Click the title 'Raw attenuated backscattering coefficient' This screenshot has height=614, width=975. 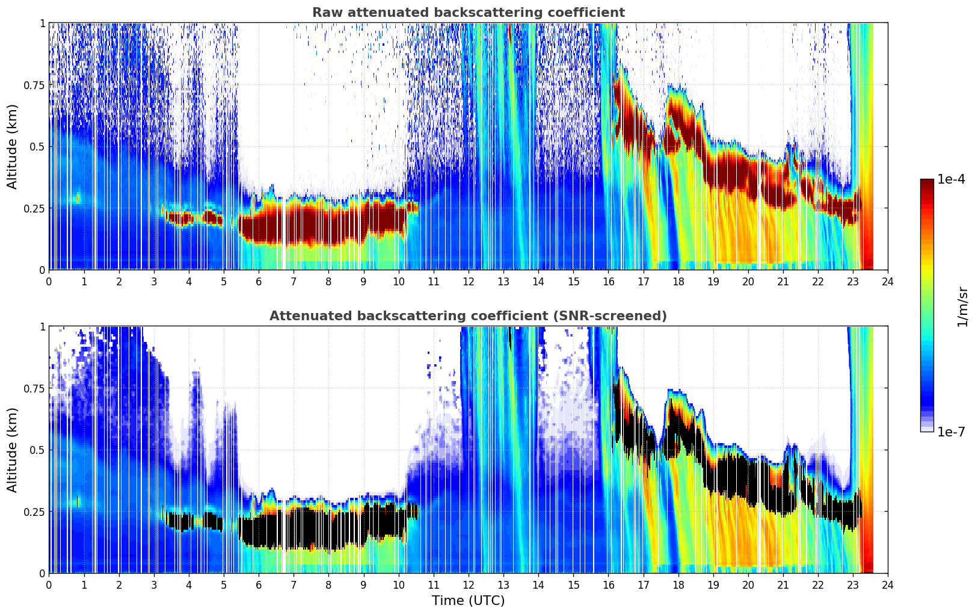tap(468, 13)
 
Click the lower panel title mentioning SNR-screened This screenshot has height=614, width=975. tap(468, 316)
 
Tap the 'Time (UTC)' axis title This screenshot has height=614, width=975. tap(468, 601)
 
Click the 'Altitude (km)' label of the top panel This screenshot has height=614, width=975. tap(13, 146)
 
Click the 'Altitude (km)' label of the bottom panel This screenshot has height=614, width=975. tap(13, 450)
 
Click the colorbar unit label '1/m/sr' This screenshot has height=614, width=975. tap(962, 307)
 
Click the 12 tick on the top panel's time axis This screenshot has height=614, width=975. tap(468, 281)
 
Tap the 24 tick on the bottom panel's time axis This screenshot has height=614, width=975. tap(888, 585)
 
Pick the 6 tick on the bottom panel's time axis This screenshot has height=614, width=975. tap(259, 585)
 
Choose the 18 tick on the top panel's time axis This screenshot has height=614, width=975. tap(678, 281)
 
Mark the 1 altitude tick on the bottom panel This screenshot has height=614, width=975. tap(42, 326)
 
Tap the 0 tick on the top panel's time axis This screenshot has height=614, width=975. tap(49, 281)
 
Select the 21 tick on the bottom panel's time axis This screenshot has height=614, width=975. tap(783, 585)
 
